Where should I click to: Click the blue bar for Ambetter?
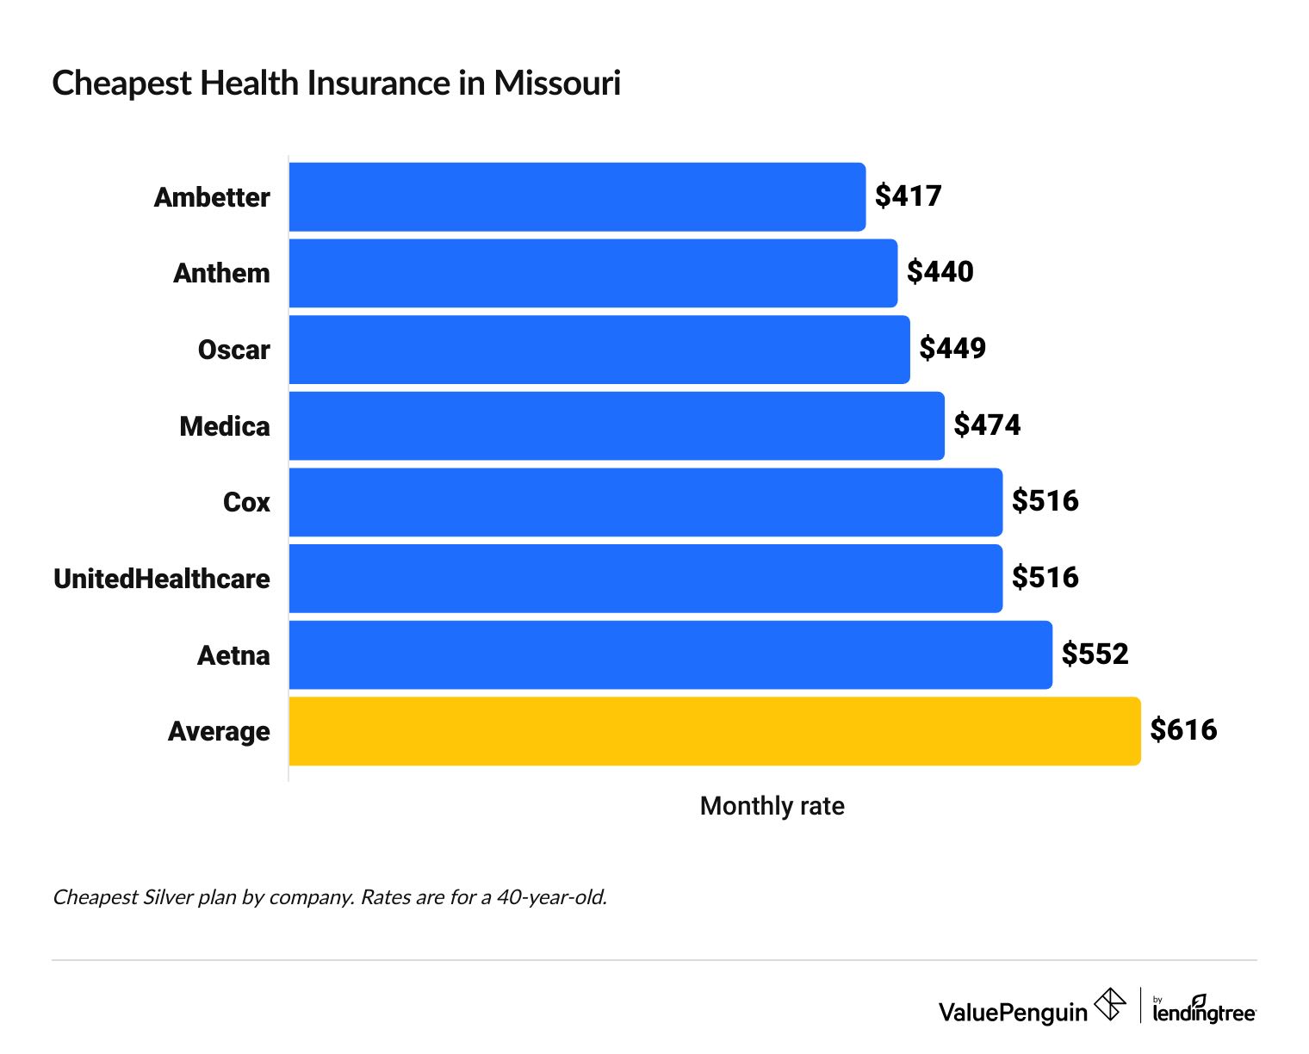tap(577, 197)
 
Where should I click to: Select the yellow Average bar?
tap(715, 731)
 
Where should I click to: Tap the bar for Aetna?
tap(670, 655)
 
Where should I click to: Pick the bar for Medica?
tap(617, 426)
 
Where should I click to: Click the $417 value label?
tap(908, 196)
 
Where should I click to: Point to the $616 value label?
tap(1183, 730)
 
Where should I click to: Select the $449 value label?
tap(952, 349)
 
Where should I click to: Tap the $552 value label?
tap(1095, 654)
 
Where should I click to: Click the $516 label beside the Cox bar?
tap(1045, 501)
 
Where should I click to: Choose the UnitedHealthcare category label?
tap(162, 579)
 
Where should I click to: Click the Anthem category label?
tap(221, 273)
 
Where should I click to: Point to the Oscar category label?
tap(233, 350)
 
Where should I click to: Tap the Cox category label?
tap(246, 502)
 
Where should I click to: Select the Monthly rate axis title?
tap(772, 806)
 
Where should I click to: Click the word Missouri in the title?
tap(556, 84)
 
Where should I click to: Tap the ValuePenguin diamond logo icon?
tap(1109, 1005)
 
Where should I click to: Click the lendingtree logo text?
tap(1204, 1012)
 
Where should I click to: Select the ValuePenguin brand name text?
tap(1013, 1012)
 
